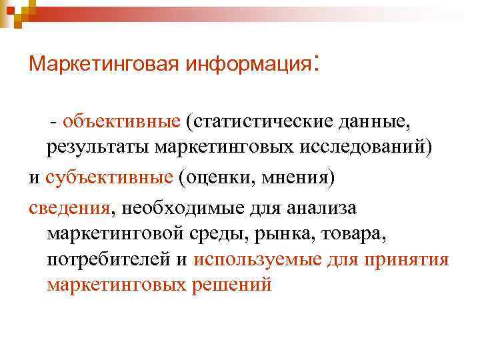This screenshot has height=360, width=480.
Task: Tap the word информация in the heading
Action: coord(249,65)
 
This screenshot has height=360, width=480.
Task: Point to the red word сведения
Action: coord(71,209)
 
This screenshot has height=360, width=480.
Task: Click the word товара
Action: coord(357,234)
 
